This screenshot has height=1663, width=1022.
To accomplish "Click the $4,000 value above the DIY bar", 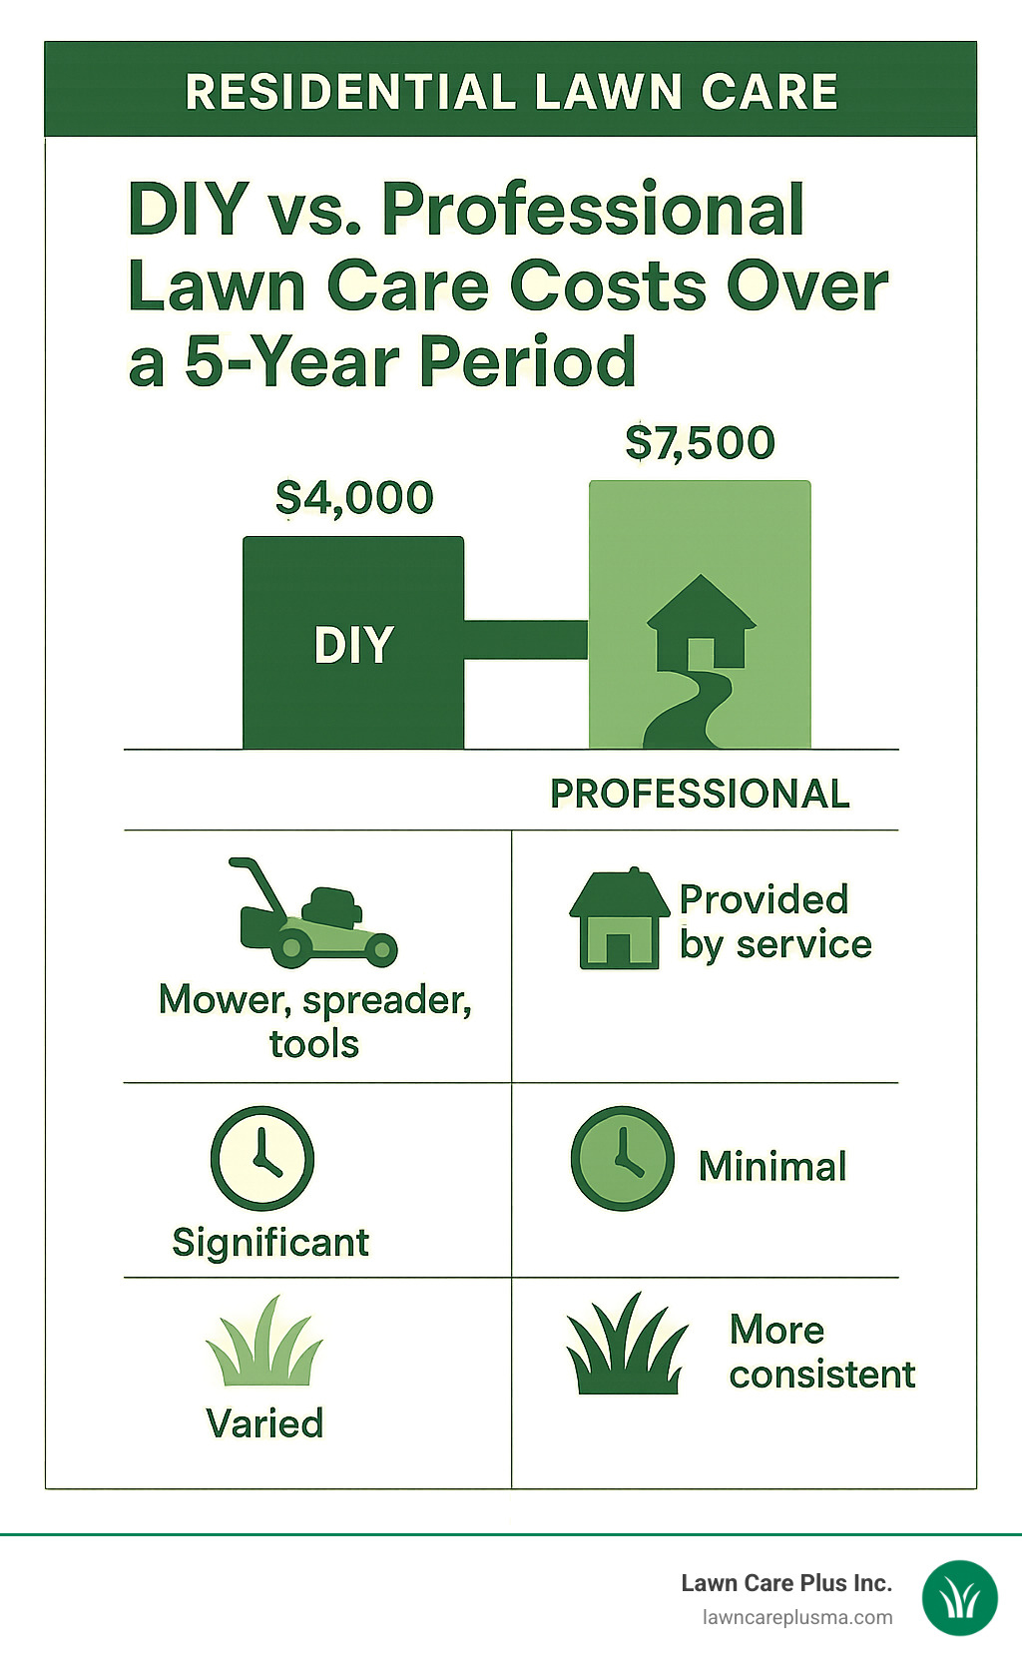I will click(x=354, y=497).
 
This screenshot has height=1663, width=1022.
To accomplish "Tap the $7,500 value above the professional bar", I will click(x=700, y=442).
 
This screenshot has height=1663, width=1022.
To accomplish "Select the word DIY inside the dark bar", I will click(x=353, y=646).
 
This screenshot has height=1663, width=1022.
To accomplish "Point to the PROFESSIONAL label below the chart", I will click(x=700, y=794).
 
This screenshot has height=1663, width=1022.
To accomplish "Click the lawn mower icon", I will click(x=315, y=913).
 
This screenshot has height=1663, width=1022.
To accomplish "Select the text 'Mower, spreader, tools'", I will click(x=314, y=1021).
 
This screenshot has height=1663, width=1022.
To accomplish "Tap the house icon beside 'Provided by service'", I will click(x=619, y=918).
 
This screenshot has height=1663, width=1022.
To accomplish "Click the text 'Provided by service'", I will click(x=774, y=921).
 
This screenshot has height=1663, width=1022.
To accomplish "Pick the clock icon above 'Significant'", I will click(x=262, y=1158).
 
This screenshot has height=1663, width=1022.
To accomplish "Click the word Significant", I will click(x=270, y=1243).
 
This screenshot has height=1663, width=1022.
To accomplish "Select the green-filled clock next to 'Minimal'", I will click(x=622, y=1158).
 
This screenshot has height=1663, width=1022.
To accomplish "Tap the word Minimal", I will click(x=772, y=1166).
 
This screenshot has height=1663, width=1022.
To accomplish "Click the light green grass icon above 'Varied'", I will click(x=264, y=1343).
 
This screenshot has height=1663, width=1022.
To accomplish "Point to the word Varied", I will click(x=264, y=1423).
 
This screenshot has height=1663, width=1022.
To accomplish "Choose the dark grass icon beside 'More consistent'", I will click(x=627, y=1346).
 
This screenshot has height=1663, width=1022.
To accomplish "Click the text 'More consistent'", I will click(x=820, y=1352).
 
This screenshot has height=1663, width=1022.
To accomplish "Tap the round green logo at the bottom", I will click(x=959, y=1598).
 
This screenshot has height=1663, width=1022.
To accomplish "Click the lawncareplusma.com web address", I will click(x=797, y=1617).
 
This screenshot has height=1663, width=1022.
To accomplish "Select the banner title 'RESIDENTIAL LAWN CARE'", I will click(x=511, y=92).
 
